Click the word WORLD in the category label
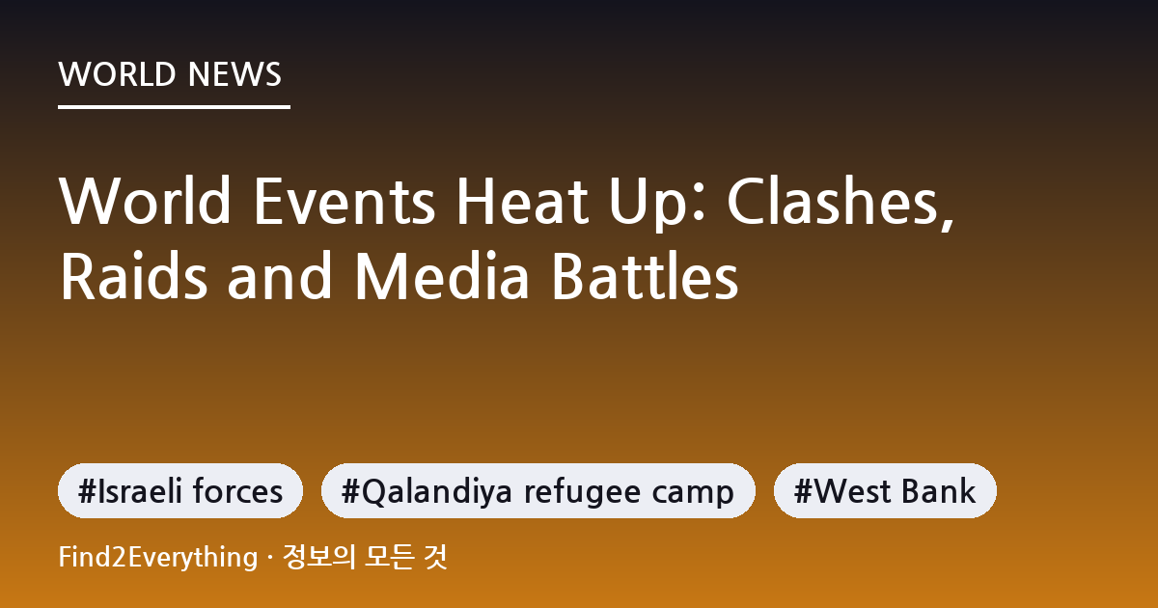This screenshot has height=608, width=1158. [x=117, y=74]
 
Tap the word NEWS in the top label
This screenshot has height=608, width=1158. [x=234, y=74]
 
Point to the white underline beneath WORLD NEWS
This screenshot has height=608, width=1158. [x=175, y=107]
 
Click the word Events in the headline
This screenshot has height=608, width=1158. [x=345, y=201]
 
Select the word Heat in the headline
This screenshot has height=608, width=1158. [x=522, y=201]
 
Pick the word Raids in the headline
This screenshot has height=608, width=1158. [x=134, y=275]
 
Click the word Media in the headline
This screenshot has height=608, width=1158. [x=442, y=275]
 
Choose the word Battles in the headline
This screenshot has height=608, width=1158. [x=646, y=275]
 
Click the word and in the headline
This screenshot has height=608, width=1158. [x=279, y=275]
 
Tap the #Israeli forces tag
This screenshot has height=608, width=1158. [x=180, y=490]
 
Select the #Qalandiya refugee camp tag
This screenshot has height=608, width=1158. [x=538, y=490]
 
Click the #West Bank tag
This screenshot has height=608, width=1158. [x=885, y=490]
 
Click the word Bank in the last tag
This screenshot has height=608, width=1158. [x=938, y=490]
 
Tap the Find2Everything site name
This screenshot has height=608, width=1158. [x=158, y=558]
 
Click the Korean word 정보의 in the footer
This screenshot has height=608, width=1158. [x=319, y=558]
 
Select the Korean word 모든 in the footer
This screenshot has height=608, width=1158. [x=389, y=558]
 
